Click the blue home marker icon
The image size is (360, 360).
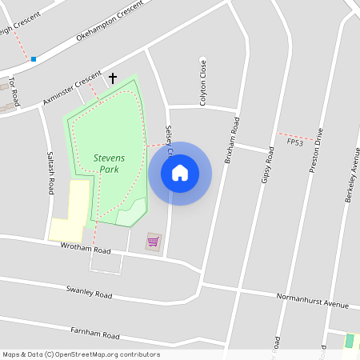[180, 173]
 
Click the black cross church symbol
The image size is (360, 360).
[113, 78]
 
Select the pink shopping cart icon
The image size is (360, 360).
[153, 242]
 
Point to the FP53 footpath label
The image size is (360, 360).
[295, 142]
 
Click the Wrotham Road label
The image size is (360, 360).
[86, 249]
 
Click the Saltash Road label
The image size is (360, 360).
[50, 173]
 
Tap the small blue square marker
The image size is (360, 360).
[34, 59]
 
